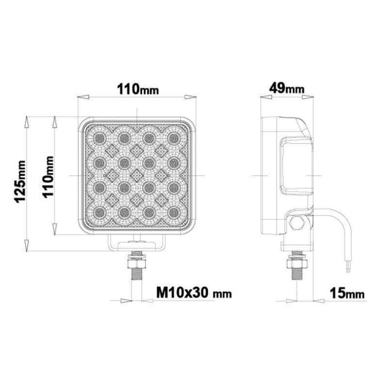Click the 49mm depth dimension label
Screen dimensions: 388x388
pos(287,88)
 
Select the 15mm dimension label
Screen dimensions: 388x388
pos(347,293)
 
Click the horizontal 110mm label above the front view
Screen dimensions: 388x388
pos(138,89)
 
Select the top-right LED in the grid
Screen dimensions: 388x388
pos(173,137)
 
